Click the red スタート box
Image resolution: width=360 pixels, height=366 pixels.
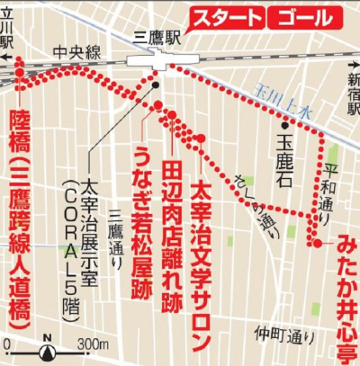tap(228, 19)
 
